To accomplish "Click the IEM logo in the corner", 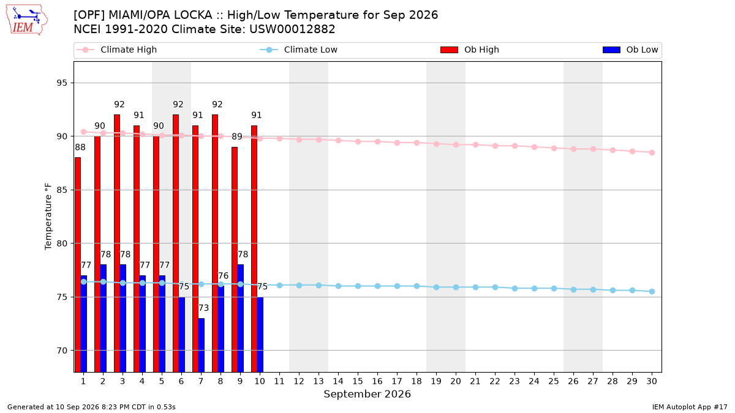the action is coord(27,20).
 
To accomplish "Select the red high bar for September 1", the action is coord(78,265).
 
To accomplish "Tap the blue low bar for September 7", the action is coord(201,345).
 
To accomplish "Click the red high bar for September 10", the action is coord(254,249).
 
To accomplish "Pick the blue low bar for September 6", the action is coord(181,335).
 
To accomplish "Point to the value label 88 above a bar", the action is coord(80,147).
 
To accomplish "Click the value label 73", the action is coord(203,308).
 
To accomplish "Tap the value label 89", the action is coord(237,136).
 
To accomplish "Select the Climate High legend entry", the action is coord(117,50).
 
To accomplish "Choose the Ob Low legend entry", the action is coord(630,50).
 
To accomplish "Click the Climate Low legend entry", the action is coord(299,50).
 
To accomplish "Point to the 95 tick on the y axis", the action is coord(62,83).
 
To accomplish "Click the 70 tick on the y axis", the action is coord(62,351).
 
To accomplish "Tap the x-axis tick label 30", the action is coord(652,381).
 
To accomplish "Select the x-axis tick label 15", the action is coord(358,381).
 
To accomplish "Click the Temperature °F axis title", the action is coord(48,217).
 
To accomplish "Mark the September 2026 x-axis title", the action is coord(367,394).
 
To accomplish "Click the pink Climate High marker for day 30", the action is coord(652,153).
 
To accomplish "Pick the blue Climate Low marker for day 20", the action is coord(456,287).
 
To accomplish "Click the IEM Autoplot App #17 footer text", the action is coord(690,407).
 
